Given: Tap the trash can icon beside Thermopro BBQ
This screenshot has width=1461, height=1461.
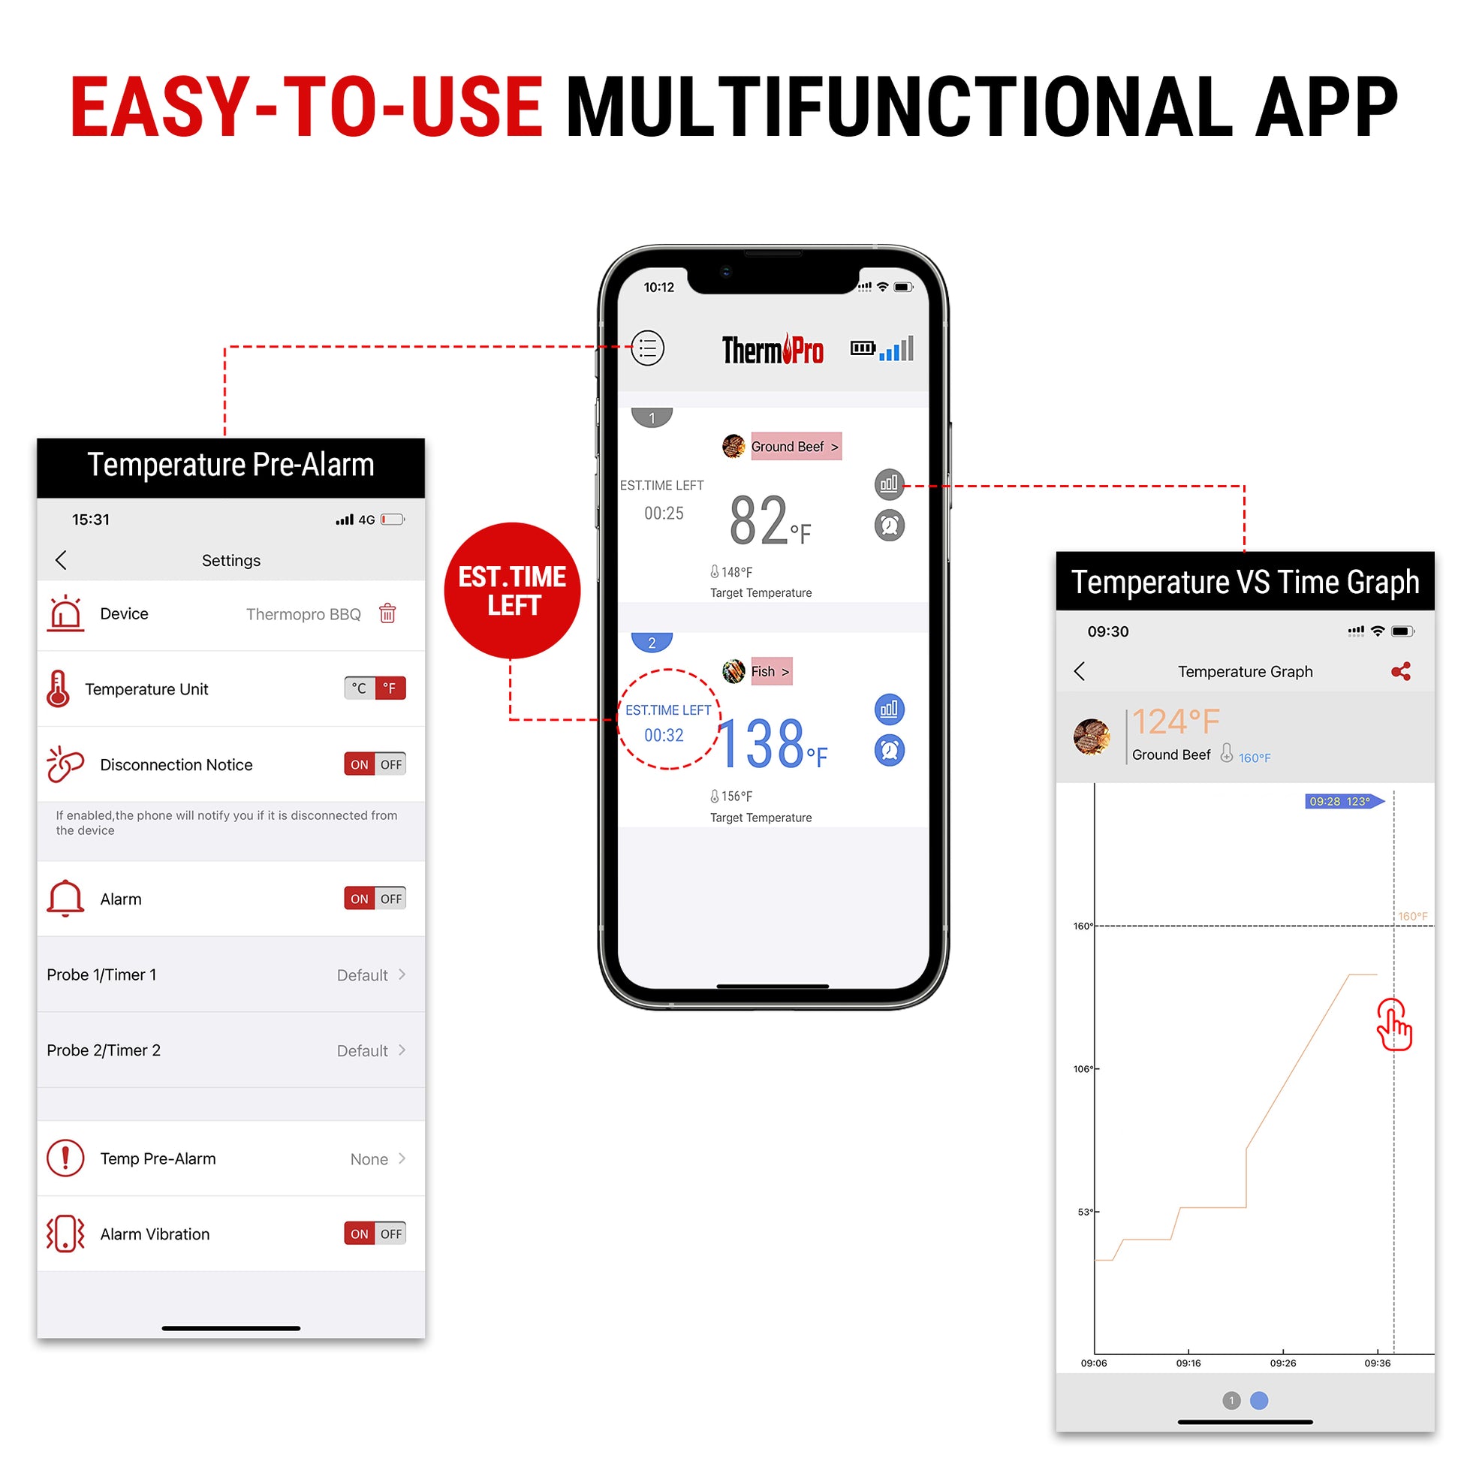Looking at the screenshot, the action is tap(387, 613).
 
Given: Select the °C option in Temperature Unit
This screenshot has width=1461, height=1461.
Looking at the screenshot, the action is tap(359, 688).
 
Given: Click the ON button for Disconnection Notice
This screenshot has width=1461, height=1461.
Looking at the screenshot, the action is tap(359, 764).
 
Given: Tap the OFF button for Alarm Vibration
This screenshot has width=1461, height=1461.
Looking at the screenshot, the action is tap(391, 1234).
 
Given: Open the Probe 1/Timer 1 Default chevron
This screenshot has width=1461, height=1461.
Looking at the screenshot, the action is tap(402, 975).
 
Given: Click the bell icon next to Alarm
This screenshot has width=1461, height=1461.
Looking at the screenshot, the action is tap(66, 899).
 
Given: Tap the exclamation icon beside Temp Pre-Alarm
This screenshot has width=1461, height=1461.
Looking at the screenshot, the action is tap(66, 1158).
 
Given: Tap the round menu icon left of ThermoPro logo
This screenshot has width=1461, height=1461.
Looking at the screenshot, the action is tap(647, 348).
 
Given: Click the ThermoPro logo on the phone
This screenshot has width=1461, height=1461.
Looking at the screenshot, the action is tap(773, 349).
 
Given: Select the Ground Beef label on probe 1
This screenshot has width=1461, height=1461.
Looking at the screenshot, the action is tap(796, 447).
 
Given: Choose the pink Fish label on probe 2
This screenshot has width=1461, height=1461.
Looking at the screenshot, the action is tap(771, 671).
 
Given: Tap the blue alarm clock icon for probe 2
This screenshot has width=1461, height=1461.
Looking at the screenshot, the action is tap(890, 750).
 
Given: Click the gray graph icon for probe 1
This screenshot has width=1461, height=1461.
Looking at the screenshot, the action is tap(890, 484).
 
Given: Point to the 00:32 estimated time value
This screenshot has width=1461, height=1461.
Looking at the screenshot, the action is tap(664, 736).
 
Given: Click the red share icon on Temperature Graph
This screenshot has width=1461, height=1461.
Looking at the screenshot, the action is tap(1401, 671).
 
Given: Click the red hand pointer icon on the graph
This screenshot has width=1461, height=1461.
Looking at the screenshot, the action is tap(1394, 1025).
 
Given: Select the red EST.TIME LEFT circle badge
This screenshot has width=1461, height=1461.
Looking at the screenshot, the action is tap(513, 591).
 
